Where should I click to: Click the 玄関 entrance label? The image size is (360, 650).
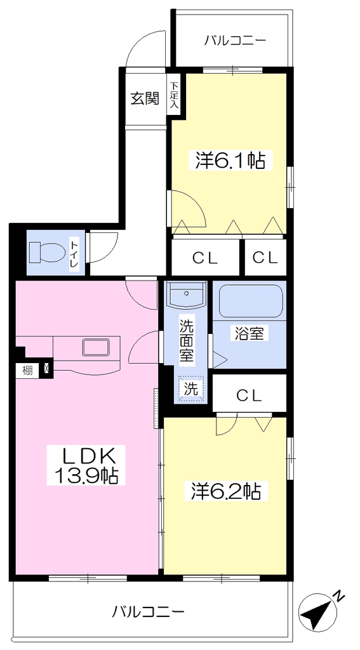point(145,98)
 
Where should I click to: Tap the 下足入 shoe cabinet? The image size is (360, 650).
point(173,95)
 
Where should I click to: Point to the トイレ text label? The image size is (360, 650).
point(75,253)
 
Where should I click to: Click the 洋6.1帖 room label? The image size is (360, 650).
point(230,160)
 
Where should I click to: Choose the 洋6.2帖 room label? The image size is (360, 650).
point(226,491)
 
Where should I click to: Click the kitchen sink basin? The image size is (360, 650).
point(97,347)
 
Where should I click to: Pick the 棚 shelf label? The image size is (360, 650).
point(27,370)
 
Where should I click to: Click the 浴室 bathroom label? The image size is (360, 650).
point(250,334)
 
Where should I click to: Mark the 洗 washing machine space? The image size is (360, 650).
point(190,389)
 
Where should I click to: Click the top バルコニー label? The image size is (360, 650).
point(235,41)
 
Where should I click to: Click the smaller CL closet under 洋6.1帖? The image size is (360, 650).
point(265,258)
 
